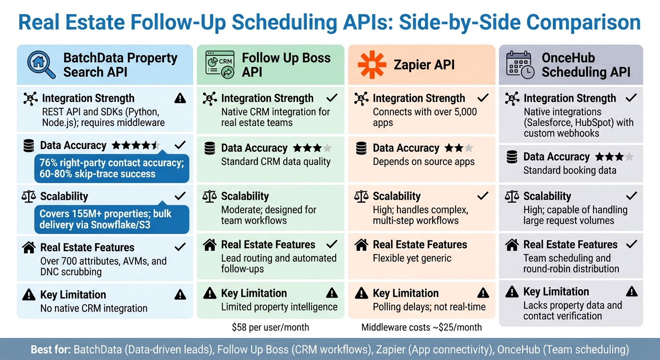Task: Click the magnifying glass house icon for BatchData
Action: coord(41,65)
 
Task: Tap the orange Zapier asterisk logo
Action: coord(372,65)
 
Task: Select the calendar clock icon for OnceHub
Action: coord(520,65)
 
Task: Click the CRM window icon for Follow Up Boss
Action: coord(220,65)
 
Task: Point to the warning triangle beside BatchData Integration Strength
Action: coord(180,98)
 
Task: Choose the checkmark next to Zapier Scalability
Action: coord(483,196)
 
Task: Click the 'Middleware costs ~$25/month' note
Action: coord(421,327)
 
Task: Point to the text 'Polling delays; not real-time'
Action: coord(429,307)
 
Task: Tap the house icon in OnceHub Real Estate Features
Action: coord(512,244)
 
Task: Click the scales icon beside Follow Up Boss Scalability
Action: coord(210,196)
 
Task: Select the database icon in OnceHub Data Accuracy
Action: coord(512,157)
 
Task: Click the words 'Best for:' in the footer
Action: coord(51,350)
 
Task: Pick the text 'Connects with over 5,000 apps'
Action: coord(425,117)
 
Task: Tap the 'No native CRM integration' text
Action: coord(94,308)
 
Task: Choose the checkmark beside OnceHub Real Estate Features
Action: coord(631,244)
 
